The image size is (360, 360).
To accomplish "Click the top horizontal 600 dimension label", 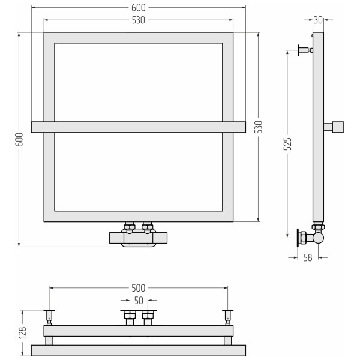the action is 138,8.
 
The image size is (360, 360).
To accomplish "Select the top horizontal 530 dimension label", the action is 138,20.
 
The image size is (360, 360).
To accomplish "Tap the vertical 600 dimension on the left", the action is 20,139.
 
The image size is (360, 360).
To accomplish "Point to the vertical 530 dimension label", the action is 259,127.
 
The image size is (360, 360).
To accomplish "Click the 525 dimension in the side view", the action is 287,144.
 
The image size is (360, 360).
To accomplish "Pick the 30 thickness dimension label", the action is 318,20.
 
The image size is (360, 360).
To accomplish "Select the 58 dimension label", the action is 308,257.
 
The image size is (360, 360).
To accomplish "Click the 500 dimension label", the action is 138,288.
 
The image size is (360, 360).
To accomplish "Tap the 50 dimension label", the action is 139,301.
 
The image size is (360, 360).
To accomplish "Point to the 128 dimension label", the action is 23,332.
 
